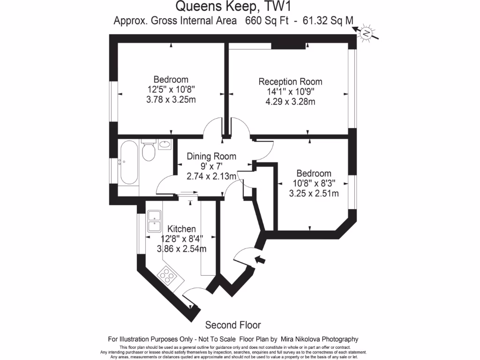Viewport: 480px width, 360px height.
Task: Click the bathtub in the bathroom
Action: pyautogui.click(x=128, y=165)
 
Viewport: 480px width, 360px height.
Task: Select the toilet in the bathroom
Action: pyautogui.click(x=149, y=151)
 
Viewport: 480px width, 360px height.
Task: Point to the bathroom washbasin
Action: pyautogui.click(x=165, y=145)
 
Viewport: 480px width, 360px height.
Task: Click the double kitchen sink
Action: pyautogui.click(x=154, y=221)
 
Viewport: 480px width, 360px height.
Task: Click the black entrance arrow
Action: pyautogui.click(x=259, y=259)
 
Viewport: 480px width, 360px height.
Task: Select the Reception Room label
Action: pyautogui.click(x=291, y=82)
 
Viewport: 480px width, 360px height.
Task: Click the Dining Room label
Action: pyautogui.click(x=211, y=157)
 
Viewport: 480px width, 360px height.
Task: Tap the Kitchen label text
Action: pyautogui.click(x=182, y=229)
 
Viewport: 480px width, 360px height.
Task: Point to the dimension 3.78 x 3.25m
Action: pyautogui.click(x=171, y=99)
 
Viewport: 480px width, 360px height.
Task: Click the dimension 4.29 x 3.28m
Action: pyautogui.click(x=291, y=101)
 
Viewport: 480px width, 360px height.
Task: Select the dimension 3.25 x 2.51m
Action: pyautogui.click(x=314, y=193)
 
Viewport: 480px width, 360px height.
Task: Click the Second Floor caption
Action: pyautogui.click(x=233, y=325)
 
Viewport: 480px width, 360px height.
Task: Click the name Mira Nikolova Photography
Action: pyautogui.click(x=320, y=339)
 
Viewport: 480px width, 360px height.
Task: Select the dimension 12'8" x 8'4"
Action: pyautogui.click(x=182, y=239)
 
